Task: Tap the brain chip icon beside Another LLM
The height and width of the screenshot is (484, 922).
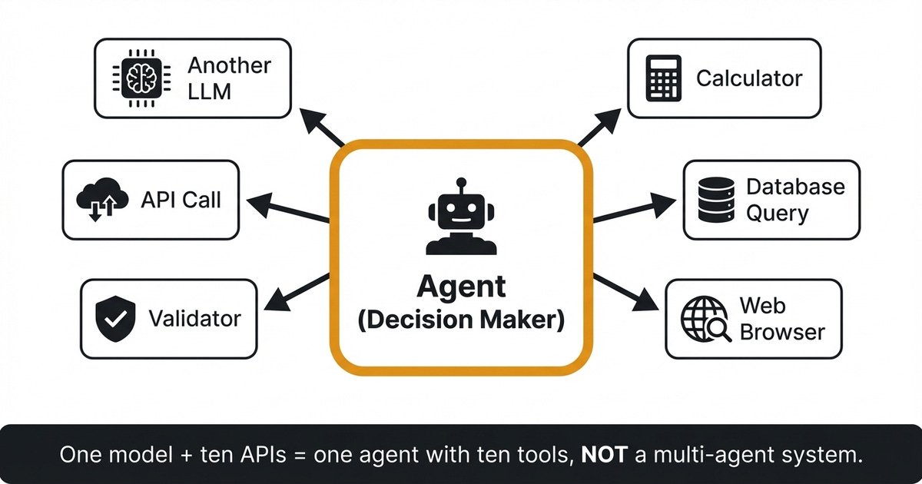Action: pyautogui.click(x=142, y=78)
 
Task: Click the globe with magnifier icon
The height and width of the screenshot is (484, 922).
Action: pyautogui.click(x=704, y=318)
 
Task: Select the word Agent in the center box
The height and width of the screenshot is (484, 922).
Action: pyautogui.click(x=461, y=287)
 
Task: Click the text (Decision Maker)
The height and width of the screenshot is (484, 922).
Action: pyautogui.click(x=461, y=320)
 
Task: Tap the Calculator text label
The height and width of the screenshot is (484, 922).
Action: pyautogui.click(x=749, y=78)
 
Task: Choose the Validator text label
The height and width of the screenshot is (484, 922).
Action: pyautogui.click(x=194, y=318)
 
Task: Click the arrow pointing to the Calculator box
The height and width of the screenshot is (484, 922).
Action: pyautogui.click(x=599, y=128)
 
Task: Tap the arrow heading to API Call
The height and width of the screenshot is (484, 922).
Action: pyautogui.click(x=288, y=211)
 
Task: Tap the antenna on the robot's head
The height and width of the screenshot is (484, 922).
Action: pyautogui.click(x=460, y=185)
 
